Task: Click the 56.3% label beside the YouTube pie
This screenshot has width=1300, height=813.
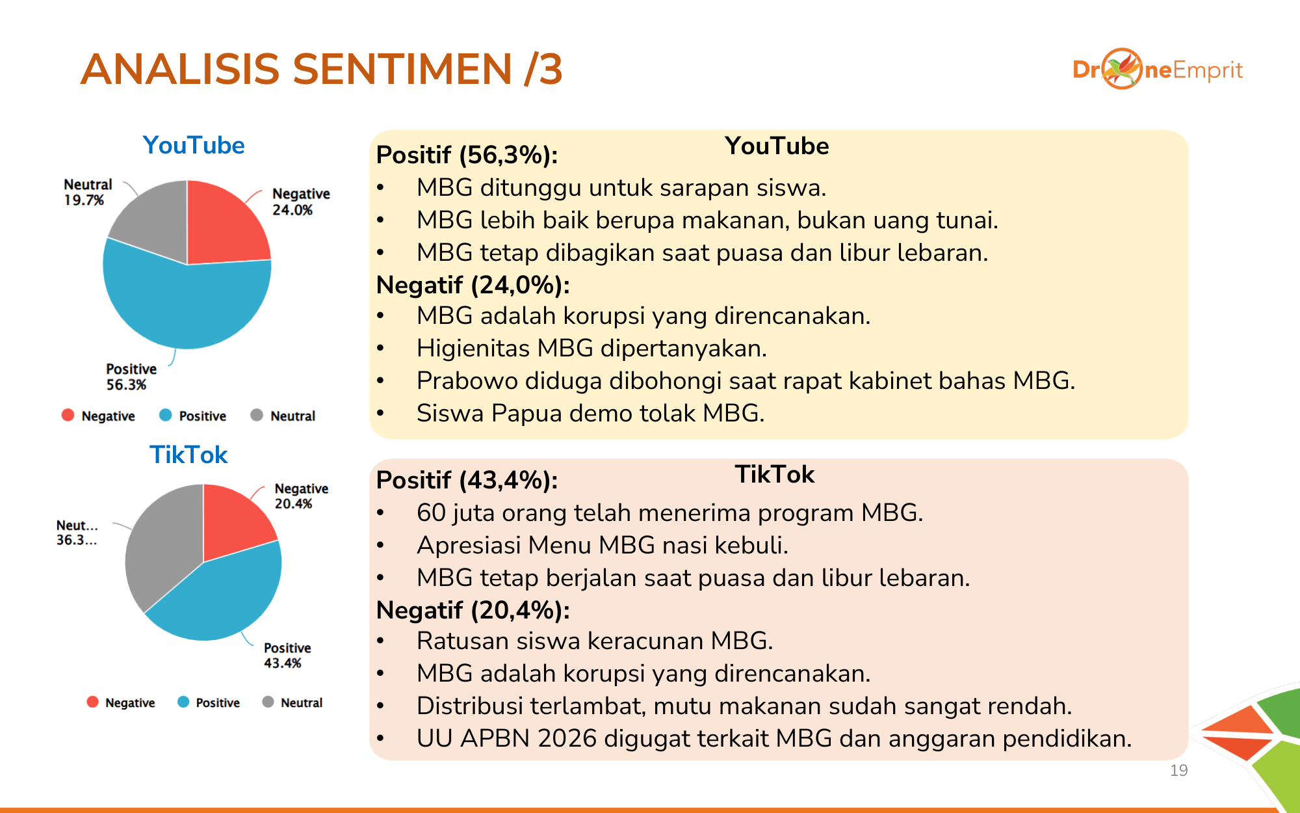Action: coord(126,385)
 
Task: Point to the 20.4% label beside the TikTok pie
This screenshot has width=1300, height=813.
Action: coord(293,503)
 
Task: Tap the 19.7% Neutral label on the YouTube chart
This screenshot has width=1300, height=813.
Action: coord(84,200)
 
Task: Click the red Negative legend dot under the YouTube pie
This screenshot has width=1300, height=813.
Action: coord(68,415)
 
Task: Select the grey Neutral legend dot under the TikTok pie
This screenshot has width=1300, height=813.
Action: coord(268,702)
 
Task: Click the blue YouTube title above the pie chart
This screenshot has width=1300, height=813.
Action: coord(194,145)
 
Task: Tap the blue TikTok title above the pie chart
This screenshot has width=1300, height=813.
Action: coord(188,455)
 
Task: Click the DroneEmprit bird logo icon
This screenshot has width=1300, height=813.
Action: coord(1122,68)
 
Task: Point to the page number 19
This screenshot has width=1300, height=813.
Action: coord(1178,771)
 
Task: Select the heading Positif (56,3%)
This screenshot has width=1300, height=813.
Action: coord(467,155)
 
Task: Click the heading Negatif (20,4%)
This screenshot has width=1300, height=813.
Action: coord(473,611)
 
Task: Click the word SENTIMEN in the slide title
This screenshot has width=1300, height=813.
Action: coord(402,69)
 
